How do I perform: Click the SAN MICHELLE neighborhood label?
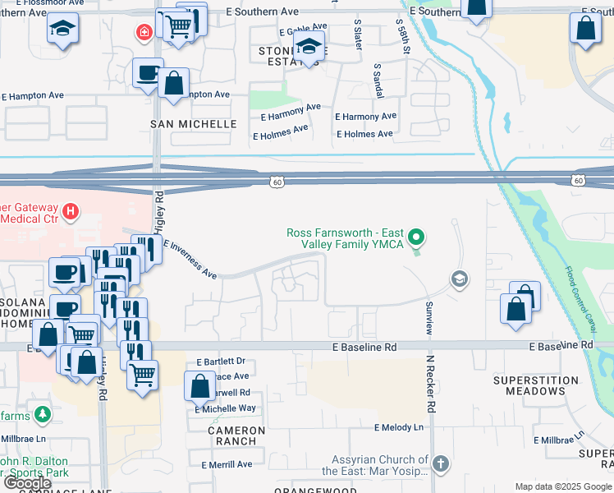point(193,124)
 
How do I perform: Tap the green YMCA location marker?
point(417,238)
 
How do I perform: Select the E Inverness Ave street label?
point(190,259)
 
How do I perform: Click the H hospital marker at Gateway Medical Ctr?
point(71,212)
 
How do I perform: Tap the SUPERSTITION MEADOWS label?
point(529,385)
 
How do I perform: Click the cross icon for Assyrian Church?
point(441,463)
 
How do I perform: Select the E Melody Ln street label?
point(399,427)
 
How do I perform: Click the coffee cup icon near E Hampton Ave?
point(148,72)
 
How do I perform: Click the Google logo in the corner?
point(27,483)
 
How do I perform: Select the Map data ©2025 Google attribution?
point(564,486)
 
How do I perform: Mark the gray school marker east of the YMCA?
point(459,280)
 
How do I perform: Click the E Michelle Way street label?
point(225,408)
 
